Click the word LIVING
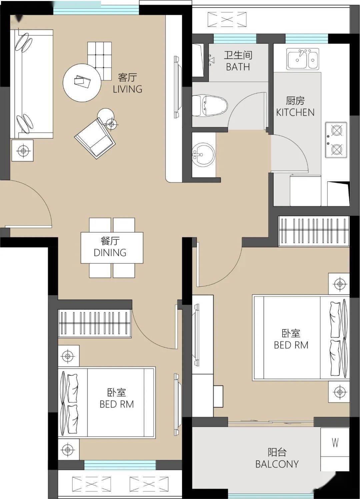(x=128, y=89)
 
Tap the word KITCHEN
(x=295, y=112)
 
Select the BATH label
(x=238, y=67)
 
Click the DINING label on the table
(x=110, y=253)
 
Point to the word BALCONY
(x=277, y=464)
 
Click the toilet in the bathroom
(x=210, y=106)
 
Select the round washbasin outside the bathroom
(x=203, y=154)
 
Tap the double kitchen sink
(x=303, y=59)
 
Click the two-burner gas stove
(x=336, y=140)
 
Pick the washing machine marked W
(x=335, y=442)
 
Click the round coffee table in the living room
(x=82, y=83)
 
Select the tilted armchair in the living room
(x=95, y=138)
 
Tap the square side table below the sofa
(x=22, y=150)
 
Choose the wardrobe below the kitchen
(x=314, y=231)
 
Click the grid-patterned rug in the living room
(x=100, y=61)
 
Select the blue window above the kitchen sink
(x=307, y=39)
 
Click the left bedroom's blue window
(x=120, y=465)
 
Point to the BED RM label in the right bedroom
(x=291, y=345)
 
